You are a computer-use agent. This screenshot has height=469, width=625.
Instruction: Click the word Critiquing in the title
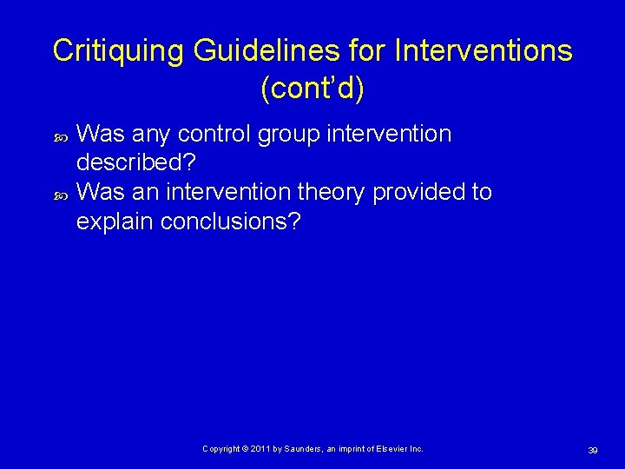(117, 51)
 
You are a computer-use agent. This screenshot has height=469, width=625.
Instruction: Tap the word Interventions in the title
(484, 51)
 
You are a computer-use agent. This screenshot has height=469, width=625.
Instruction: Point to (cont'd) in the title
(312, 88)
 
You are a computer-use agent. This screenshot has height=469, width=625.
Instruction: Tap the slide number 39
(593, 450)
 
